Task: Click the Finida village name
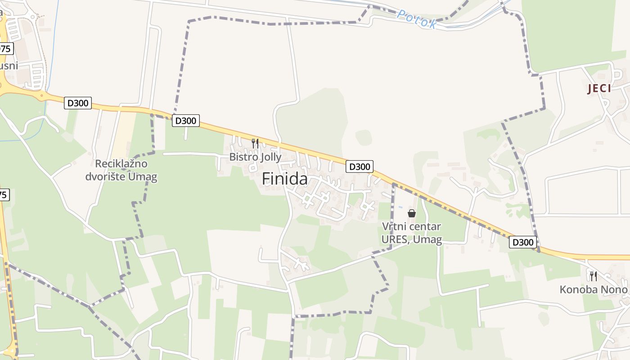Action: coord(285,179)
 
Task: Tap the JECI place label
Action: coord(599,88)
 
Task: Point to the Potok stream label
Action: coord(416,19)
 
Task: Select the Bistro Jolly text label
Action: coord(255,157)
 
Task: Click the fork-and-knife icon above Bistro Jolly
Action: coord(255,144)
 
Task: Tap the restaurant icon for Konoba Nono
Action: coord(593,276)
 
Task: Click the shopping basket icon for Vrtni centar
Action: coord(411,213)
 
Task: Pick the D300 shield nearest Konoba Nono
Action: coord(523,242)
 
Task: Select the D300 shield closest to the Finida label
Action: coord(360,166)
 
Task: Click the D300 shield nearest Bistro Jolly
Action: coord(185,121)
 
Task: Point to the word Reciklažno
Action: coord(121,164)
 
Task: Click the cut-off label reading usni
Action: coord(9,66)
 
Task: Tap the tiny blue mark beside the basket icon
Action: coord(400,207)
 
